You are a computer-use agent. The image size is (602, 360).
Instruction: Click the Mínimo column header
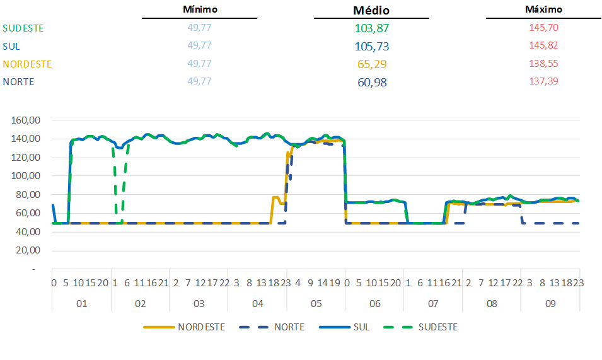click(x=200, y=9)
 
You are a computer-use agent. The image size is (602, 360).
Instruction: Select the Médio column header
click(x=371, y=10)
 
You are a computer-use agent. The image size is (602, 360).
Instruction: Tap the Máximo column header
click(x=543, y=9)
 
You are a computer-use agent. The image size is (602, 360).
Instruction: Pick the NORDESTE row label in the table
click(x=27, y=64)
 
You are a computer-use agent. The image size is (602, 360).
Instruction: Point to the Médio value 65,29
click(x=371, y=64)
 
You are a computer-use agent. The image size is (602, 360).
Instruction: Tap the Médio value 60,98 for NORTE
click(x=371, y=82)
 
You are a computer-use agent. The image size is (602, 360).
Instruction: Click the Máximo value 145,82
click(x=544, y=45)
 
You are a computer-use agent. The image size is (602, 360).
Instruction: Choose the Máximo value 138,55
click(x=544, y=64)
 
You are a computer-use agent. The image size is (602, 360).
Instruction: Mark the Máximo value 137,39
click(x=544, y=81)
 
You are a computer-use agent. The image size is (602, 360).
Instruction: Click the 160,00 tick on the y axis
click(x=27, y=120)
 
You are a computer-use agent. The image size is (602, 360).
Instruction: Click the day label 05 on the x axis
click(x=316, y=304)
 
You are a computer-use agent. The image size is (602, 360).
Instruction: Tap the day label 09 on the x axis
click(x=550, y=304)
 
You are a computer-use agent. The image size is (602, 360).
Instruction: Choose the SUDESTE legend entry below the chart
click(x=437, y=327)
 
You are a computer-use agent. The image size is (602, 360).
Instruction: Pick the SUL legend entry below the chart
click(x=361, y=327)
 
